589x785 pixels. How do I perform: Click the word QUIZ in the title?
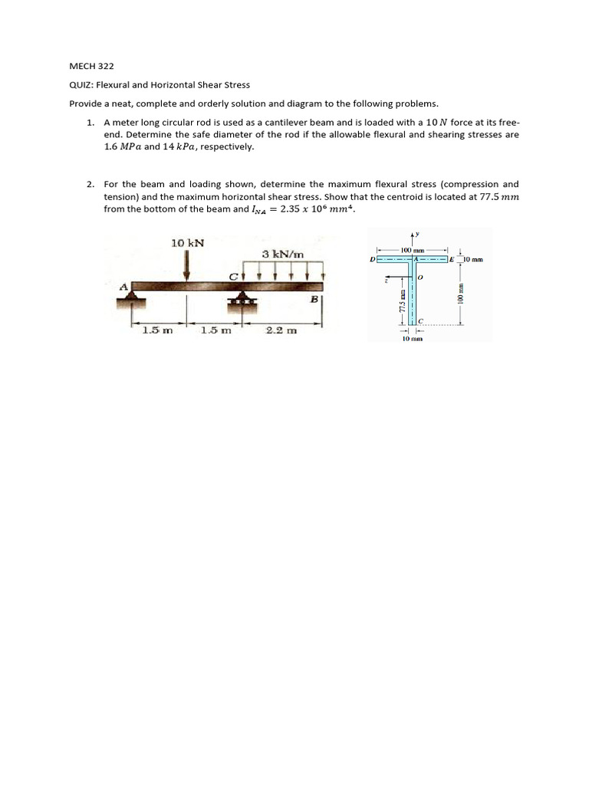(x=81, y=85)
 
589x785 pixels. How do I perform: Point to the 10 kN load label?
(x=187, y=243)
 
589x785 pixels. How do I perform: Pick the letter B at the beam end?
(x=314, y=300)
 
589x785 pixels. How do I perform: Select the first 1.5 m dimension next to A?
(x=157, y=330)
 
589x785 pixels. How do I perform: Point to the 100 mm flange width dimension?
(x=413, y=251)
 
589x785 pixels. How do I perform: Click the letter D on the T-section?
(x=372, y=260)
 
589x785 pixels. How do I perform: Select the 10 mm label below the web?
(x=413, y=338)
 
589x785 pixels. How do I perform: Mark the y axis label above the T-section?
(x=418, y=235)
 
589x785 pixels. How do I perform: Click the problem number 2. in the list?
(x=90, y=184)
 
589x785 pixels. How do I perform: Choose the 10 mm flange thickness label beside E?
(x=472, y=260)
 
